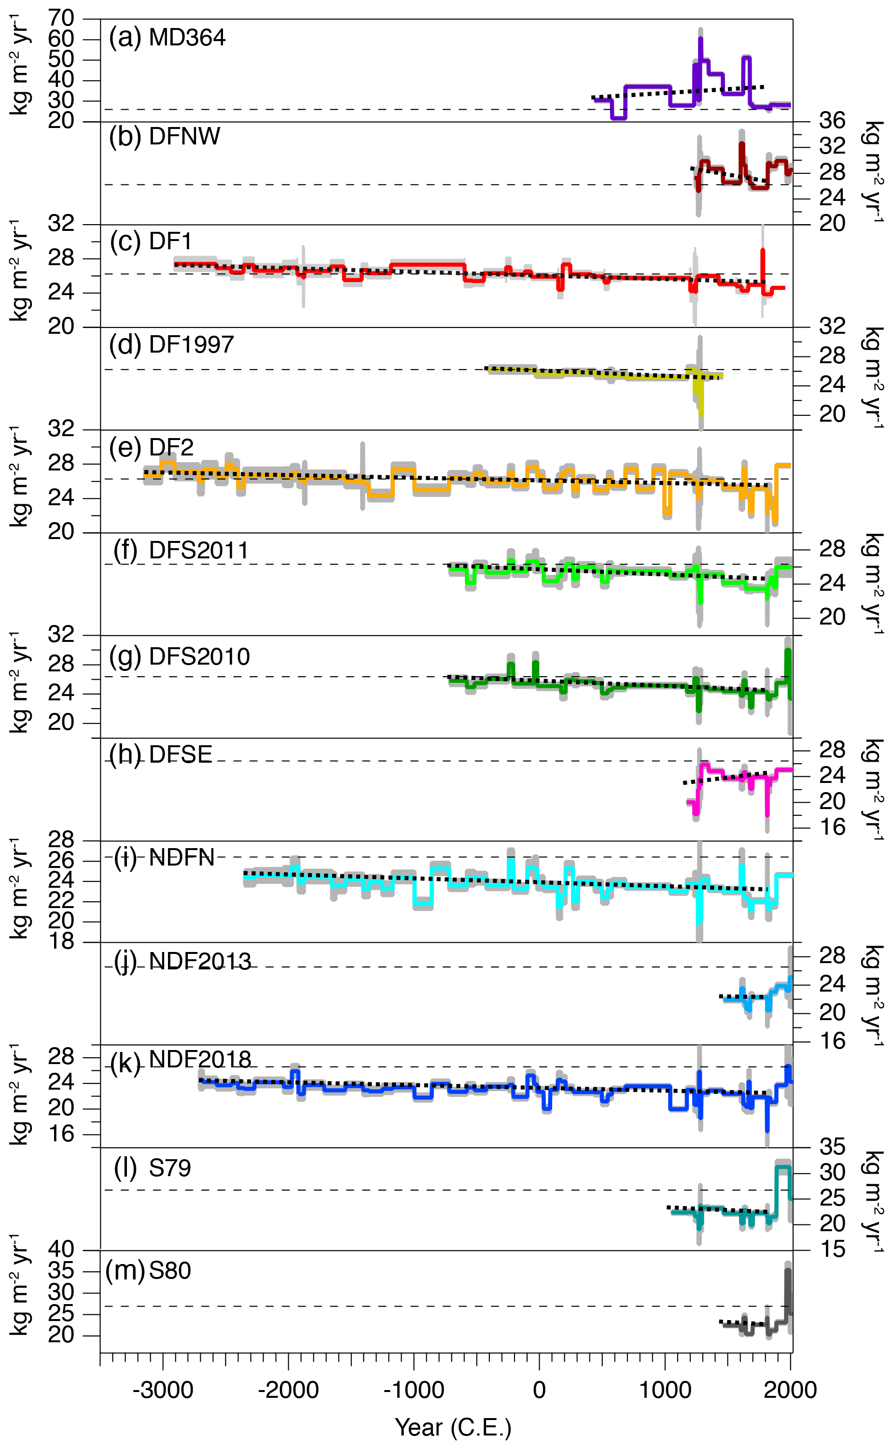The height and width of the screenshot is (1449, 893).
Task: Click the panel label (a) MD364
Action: coord(167,38)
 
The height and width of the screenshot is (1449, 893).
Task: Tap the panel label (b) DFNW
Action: coord(164,137)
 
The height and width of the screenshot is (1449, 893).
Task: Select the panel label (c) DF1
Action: coord(151,241)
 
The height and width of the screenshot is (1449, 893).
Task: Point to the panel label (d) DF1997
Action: coord(171,344)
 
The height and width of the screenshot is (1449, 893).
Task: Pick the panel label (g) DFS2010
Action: coord(179,656)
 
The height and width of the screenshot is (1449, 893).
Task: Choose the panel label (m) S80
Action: coord(148,1271)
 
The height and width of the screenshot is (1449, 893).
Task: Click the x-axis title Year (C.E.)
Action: coord(453,1428)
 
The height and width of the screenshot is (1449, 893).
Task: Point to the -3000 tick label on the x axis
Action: coord(163,1390)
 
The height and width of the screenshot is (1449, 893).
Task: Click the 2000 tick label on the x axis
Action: coord(790,1390)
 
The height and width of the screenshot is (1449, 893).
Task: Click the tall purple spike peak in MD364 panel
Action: coord(700,39)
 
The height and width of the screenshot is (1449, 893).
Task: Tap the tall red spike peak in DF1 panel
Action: coord(763,251)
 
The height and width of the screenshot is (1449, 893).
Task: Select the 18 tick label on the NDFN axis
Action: coord(61,941)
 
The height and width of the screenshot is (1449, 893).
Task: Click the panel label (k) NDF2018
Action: coord(181,1060)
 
